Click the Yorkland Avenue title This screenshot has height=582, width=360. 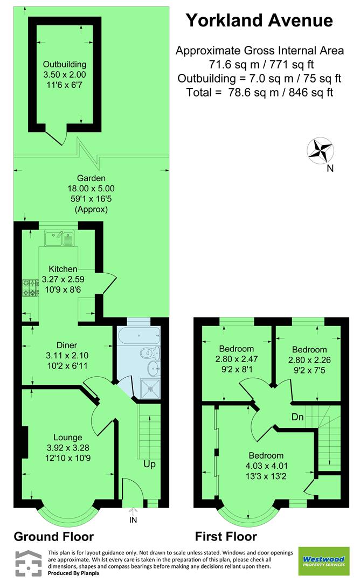click(x=259, y=20)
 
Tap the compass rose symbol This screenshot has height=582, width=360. click(x=320, y=150)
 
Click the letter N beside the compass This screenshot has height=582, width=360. click(x=330, y=168)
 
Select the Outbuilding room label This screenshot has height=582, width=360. click(x=65, y=65)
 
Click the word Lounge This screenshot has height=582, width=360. click(x=68, y=438)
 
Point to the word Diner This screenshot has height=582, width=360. click(x=67, y=345)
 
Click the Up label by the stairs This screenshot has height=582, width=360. click(x=149, y=464)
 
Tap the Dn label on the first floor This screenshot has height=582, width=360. click(x=297, y=417)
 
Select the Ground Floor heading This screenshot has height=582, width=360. click(x=53, y=537)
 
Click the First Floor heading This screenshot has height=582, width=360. click(x=226, y=537)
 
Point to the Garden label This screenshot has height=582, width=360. click(x=91, y=178)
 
